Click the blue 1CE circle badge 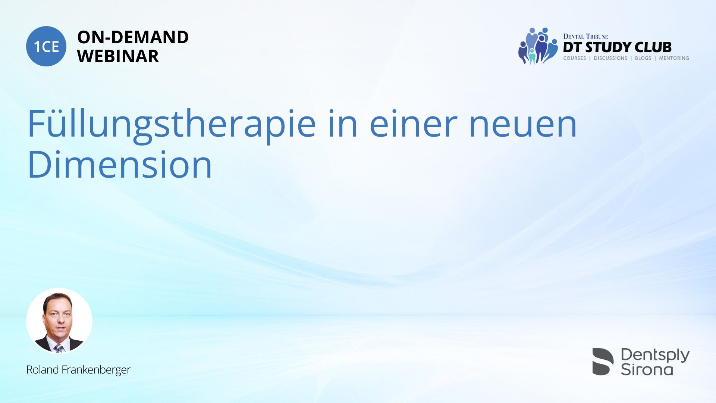(46, 46)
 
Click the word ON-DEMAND (133, 37)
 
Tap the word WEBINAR (118, 56)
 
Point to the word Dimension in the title (120, 165)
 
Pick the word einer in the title (413, 124)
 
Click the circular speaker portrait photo (59, 321)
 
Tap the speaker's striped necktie (59, 349)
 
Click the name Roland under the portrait (43, 370)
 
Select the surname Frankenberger (96, 370)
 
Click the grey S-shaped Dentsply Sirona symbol (603, 362)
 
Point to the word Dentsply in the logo (655, 355)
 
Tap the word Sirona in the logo (647, 369)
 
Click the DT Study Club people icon (538, 46)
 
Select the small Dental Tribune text (585, 37)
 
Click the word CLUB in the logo (653, 47)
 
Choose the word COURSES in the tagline (574, 58)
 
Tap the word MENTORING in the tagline (674, 58)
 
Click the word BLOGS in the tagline (643, 58)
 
